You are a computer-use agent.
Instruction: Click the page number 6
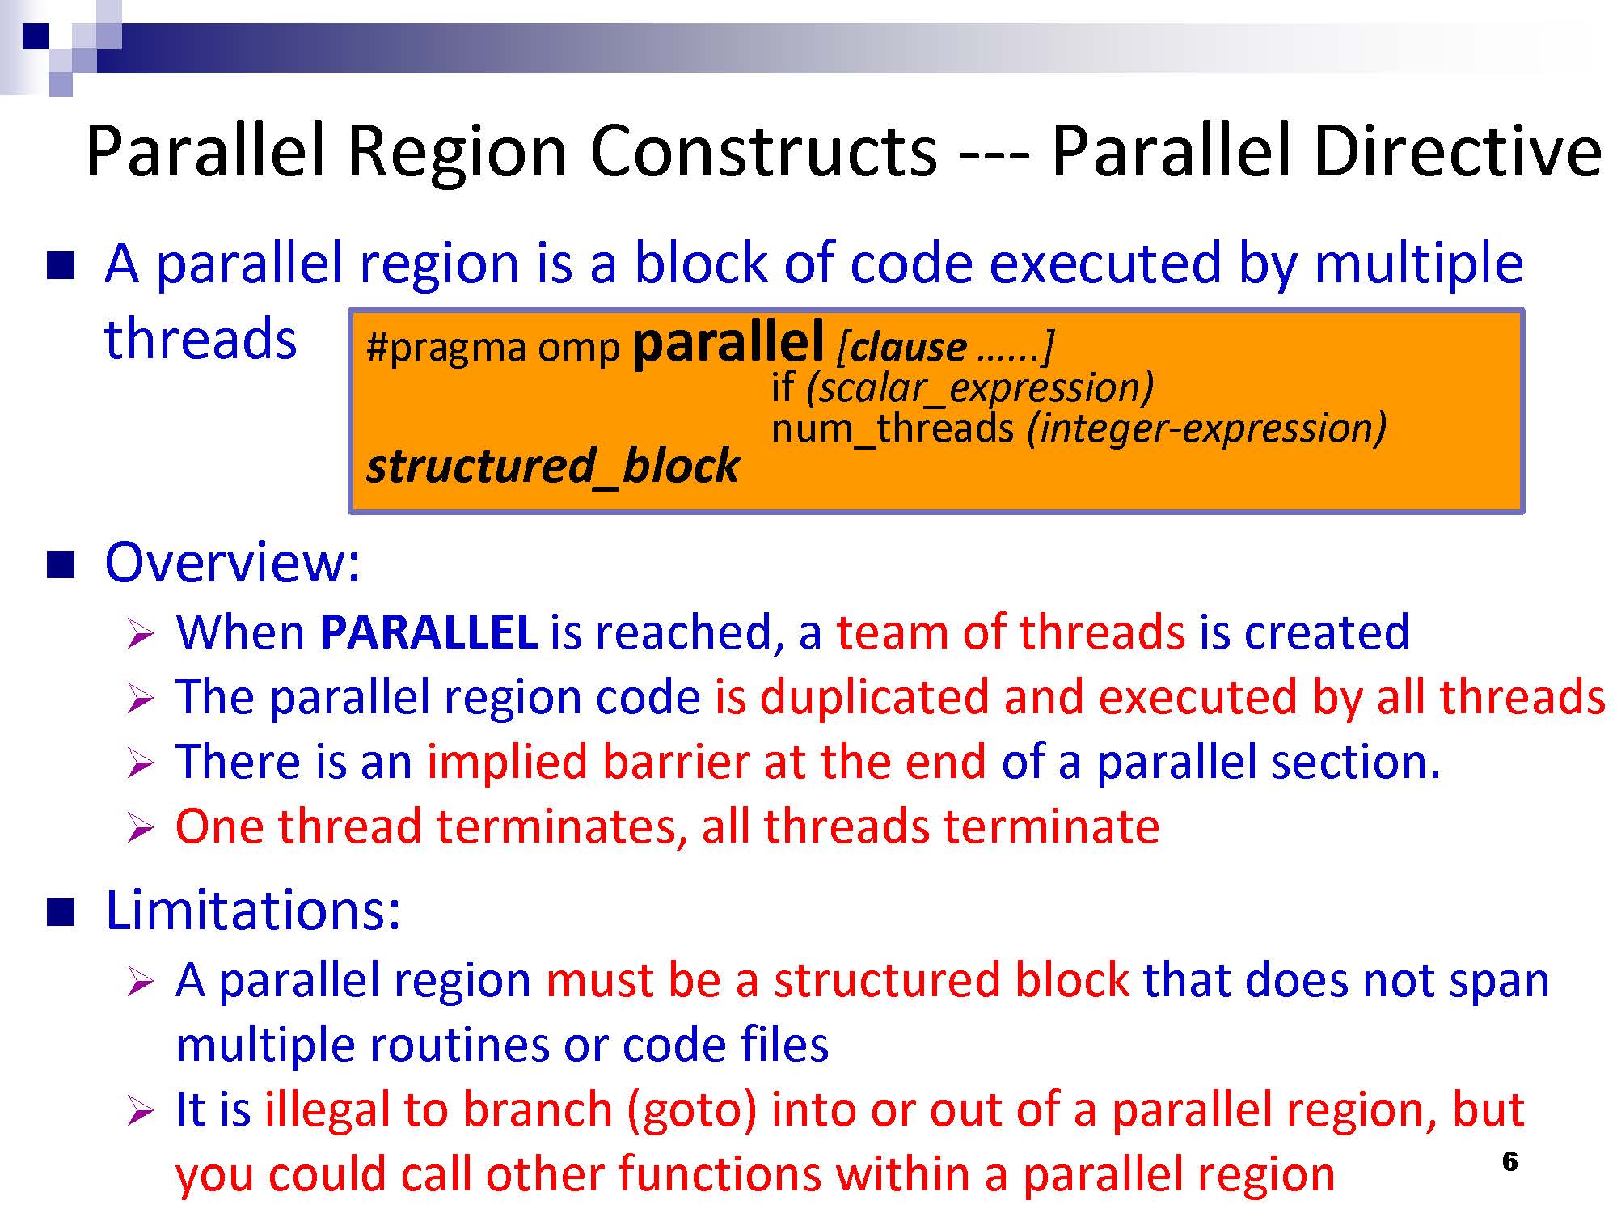tap(1509, 1161)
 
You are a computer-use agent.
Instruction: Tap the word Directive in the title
tap(1459, 151)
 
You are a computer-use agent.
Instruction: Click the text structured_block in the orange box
tap(553, 466)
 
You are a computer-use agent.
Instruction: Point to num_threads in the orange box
tap(893, 428)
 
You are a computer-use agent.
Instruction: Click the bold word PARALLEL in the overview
tap(429, 632)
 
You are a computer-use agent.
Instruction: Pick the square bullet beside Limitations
tap(61, 912)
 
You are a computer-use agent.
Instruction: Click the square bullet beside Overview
tap(61, 564)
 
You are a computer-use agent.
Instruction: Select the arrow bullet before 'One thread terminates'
tap(140, 828)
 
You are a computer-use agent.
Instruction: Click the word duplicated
tap(875, 697)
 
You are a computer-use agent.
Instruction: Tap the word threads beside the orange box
tap(201, 339)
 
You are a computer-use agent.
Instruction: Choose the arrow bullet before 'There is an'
tap(140, 763)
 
